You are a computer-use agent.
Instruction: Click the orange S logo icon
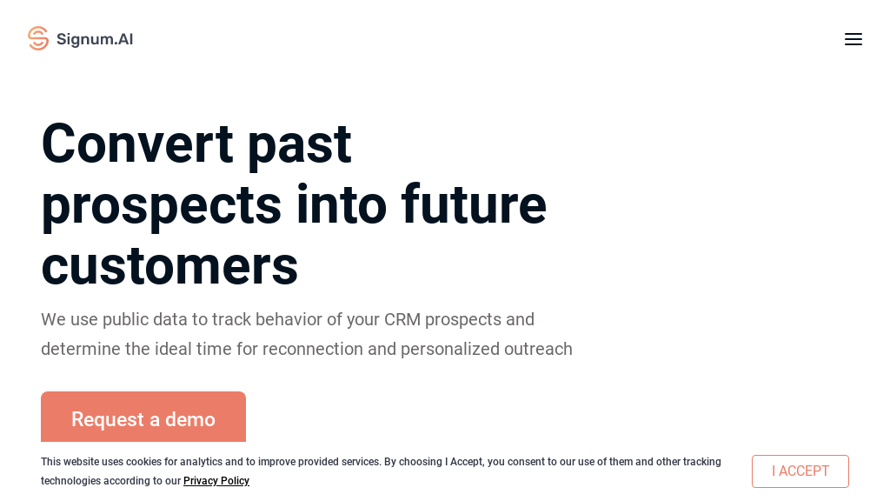click(38, 38)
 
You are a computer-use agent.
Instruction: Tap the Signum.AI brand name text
click(95, 39)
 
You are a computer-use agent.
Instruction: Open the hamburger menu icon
click(853, 39)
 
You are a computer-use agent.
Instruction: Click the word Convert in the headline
click(137, 144)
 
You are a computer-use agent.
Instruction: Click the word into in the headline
click(341, 204)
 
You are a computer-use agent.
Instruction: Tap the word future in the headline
click(474, 204)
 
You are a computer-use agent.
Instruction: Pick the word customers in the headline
click(169, 266)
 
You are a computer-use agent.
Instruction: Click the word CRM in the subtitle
click(402, 319)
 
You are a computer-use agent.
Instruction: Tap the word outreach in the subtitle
click(539, 349)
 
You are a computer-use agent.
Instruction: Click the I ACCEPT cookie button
click(800, 471)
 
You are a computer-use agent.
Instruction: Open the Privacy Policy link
click(216, 480)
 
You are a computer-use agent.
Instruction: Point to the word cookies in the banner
click(143, 462)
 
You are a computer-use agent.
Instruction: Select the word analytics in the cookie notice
click(201, 462)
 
